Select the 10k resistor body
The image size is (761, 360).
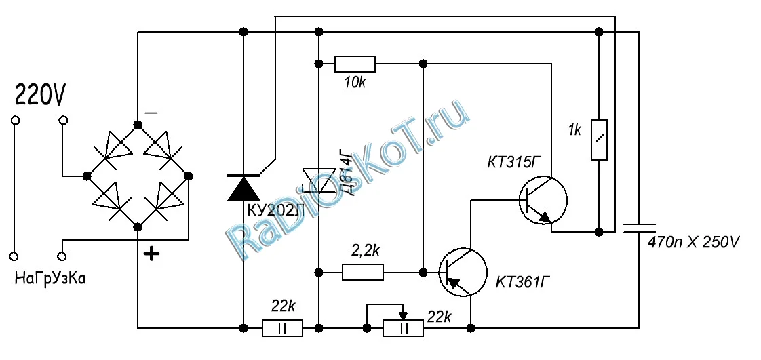355,64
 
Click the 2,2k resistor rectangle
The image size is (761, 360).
363,273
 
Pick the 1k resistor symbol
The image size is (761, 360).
598,139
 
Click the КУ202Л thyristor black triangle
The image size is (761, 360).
243,187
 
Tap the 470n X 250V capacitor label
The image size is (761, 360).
692,241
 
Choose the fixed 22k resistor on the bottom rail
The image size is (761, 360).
282,329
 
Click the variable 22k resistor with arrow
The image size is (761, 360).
403,329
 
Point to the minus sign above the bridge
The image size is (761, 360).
152,112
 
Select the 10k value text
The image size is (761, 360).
355,82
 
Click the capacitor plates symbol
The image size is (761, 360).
639,228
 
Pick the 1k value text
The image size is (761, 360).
574,130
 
